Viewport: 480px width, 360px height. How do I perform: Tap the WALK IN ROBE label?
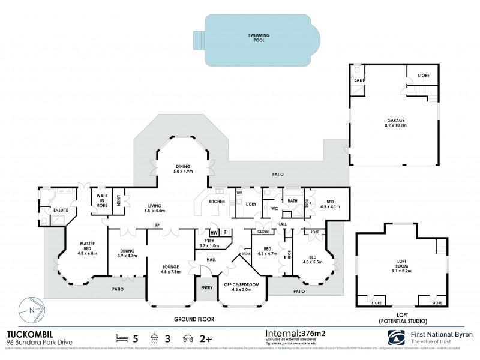[98, 201]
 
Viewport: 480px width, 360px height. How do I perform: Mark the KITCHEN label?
[217, 202]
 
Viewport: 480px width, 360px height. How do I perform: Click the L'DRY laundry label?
[251, 205]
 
